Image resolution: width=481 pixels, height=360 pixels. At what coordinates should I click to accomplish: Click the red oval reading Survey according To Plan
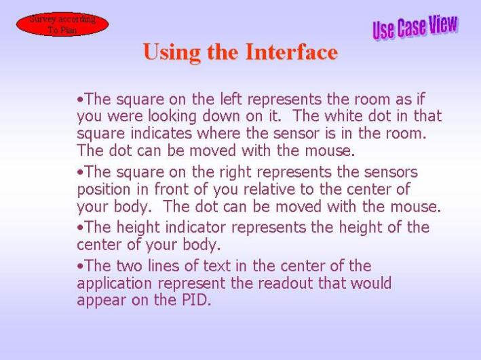pyautogui.click(x=62, y=24)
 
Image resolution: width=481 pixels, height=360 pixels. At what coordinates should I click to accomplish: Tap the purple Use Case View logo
pyautogui.click(x=415, y=27)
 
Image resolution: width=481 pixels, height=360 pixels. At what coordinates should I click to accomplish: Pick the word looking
pyautogui.click(x=172, y=117)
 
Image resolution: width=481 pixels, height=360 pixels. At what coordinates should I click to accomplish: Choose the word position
pyautogui.click(x=104, y=190)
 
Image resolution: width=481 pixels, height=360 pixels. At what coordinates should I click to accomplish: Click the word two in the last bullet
pyautogui.click(x=129, y=266)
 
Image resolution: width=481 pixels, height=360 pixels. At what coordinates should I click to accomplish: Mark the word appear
pyautogui.click(x=102, y=301)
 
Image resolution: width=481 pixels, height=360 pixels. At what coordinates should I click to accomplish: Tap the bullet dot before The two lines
pyautogui.click(x=80, y=266)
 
